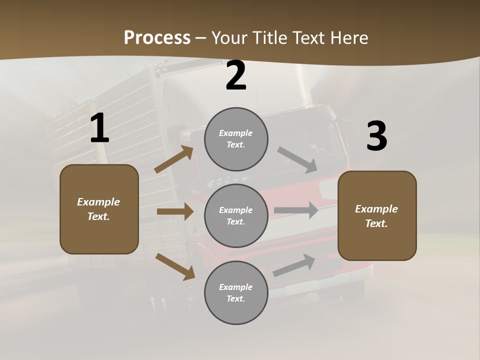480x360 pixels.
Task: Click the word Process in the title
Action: (157, 38)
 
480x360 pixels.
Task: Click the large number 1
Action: (99, 128)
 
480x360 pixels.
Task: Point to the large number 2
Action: (236, 76)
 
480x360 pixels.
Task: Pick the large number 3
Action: (376, 136)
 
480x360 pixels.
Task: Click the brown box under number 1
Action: (99, 209)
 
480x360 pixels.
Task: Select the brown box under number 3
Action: (377, 215)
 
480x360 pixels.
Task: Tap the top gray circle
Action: (236, 139)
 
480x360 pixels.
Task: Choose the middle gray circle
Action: (236, 215)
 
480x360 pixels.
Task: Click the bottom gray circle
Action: (236, 292)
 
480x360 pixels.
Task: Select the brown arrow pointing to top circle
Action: (174, 159)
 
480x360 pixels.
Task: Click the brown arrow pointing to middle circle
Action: (175, 211)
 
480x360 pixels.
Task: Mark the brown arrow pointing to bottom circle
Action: (175, 266)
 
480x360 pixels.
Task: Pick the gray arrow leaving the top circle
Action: (297, 160)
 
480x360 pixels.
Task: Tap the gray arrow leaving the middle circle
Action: (296, 210)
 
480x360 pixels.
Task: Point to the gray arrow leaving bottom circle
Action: (294, 265)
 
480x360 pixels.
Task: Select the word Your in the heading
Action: (228, 38)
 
